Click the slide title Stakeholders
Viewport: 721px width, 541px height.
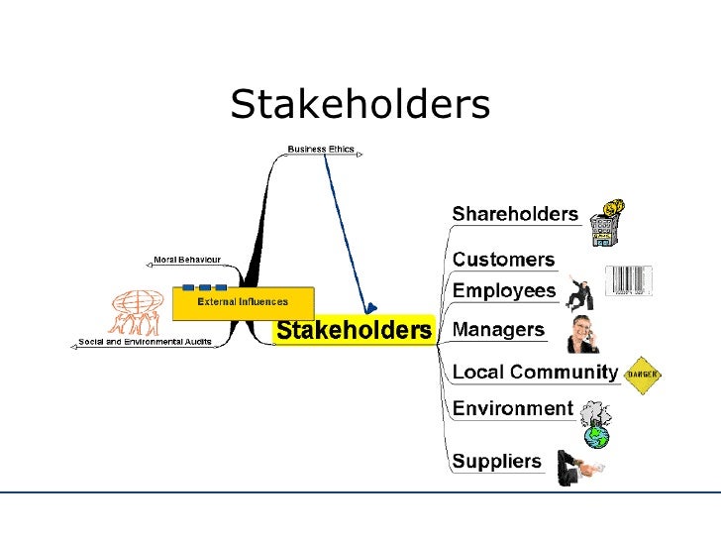tap(360, 104)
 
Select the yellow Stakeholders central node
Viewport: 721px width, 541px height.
tap(354, 330)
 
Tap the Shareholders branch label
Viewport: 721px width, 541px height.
tap(515, 214)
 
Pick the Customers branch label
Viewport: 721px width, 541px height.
tap(503, 260)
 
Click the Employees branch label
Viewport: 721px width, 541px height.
tap(504, 290)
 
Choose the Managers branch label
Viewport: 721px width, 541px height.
tap(498, 329)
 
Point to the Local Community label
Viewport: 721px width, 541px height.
tap(535, 373)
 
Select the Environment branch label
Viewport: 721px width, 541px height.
tap(512, 408)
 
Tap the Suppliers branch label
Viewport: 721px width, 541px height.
tap(497, 460)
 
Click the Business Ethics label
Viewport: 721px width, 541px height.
tap(320, 150)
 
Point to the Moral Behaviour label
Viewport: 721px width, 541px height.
tap(186, 260)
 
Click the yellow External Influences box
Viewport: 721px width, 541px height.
tap(243, 302)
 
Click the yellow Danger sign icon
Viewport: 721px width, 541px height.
tap(642, 374)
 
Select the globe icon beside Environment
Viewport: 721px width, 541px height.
tap(596, 425)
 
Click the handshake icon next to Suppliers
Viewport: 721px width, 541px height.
tap(580, 465)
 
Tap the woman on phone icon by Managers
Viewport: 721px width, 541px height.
tap(582, 335)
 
